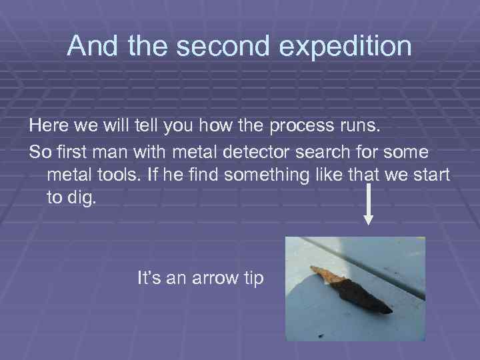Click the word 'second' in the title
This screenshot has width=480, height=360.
(214, 46)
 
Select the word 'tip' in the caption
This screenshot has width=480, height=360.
(253, 277)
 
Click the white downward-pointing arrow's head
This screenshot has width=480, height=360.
(371, 222)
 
